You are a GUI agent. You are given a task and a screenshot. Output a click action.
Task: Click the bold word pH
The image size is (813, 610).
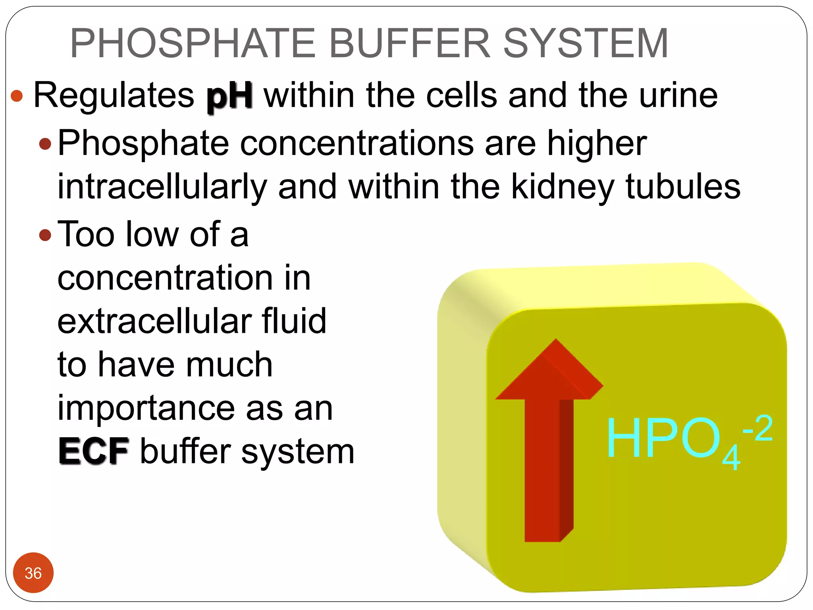point(229,96)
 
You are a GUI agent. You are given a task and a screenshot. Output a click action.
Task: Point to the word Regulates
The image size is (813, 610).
point(114,96)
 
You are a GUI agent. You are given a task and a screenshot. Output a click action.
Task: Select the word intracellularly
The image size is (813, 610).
point(162,187)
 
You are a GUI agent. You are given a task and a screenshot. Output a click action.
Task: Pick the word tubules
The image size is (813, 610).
point(683,187)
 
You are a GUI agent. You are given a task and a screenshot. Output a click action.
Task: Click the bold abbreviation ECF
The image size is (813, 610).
point(94,452)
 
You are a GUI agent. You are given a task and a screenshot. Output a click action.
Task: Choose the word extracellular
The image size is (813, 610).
point(155,321)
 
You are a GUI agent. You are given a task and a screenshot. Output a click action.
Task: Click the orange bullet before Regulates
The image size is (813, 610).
point(17,96)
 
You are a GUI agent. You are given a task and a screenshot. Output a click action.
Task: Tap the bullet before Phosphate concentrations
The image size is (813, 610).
point(45,144)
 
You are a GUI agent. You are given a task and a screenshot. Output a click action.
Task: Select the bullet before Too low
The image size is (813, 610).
point(45,235)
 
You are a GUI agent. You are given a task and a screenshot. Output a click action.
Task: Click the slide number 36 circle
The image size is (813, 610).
point(33,573)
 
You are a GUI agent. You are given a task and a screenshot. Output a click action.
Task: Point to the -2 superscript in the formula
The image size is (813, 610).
point(757,428)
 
